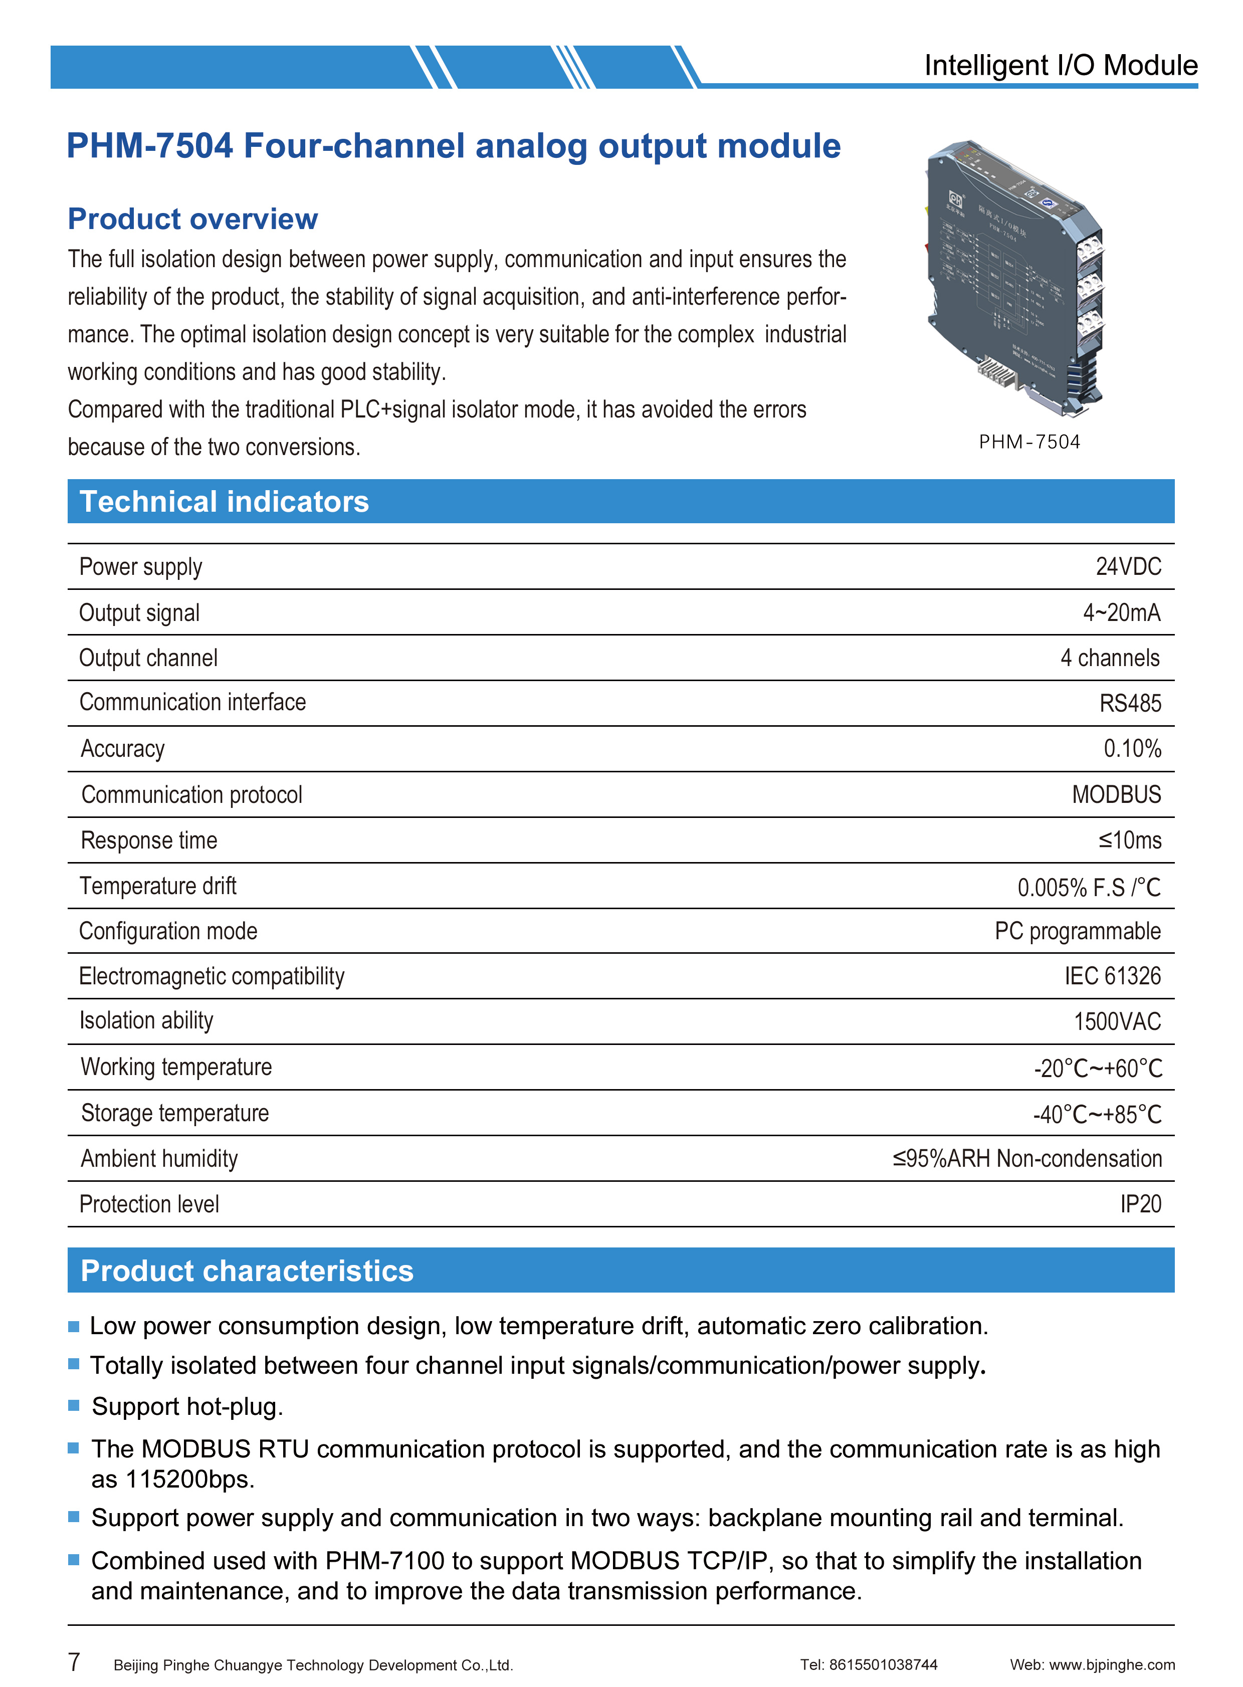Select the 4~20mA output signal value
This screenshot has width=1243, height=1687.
(x=1121, y=612)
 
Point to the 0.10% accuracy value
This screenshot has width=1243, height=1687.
(x=1132, y=749)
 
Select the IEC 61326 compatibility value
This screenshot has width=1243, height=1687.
(x=1112, y=976)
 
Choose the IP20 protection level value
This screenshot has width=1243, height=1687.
(x=1140, y=1204)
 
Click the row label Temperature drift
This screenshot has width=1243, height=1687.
(x=158, y=886)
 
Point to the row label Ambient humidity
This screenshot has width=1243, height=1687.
(x=159, y=1158)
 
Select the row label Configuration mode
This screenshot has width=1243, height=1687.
(x=168, y=931)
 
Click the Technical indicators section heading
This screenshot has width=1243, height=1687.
(x=224, y=502)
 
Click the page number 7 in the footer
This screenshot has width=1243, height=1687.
(x=74, y=1661)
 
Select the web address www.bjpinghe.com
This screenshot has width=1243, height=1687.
(x=1111, y=1665)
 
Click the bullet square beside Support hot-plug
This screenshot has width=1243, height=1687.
(x=74, y=1405)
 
